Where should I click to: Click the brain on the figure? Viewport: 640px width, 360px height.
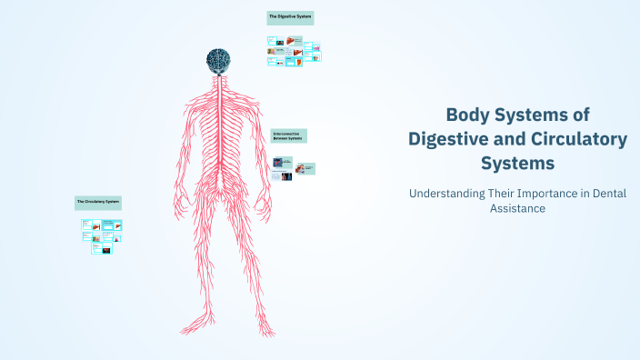(x=218, y=61)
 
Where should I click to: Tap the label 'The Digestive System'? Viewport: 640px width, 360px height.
(x=290, y=18)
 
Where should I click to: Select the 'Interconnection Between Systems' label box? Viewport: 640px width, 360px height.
(x=289, y=135)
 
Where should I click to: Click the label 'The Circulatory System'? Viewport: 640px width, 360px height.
(x=97, y=201)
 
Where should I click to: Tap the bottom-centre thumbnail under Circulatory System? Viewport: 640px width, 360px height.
(x=102, y=248)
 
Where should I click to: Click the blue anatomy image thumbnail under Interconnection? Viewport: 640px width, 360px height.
(x=278, y=163)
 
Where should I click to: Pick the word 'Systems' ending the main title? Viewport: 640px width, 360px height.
(x=517, y=164)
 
